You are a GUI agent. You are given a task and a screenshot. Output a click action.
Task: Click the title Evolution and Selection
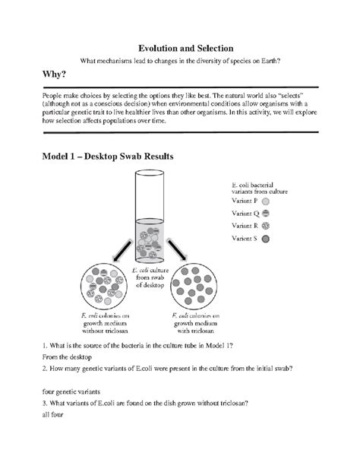(x=180, y=46)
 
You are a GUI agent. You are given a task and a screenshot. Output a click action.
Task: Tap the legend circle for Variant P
(x=267, y=202)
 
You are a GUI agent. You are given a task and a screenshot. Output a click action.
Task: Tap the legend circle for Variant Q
(x=267, y=214)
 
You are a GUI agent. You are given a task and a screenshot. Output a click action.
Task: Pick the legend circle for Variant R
(x=267, y=227)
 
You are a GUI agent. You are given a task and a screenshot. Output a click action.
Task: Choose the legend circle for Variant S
(x=267, y=239)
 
